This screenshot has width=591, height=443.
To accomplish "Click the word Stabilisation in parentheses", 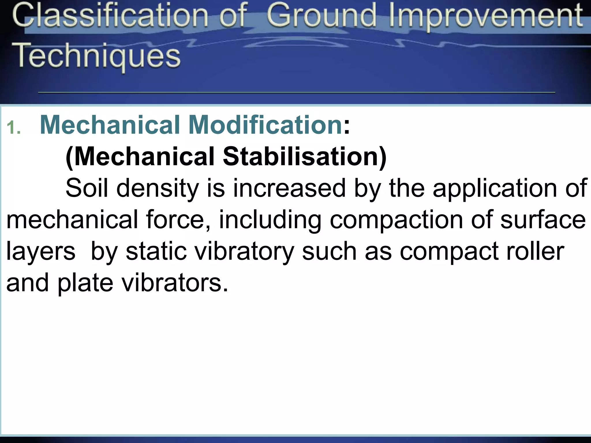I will click(x=304, y=157).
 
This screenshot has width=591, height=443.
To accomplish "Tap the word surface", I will click(x=543, y=220).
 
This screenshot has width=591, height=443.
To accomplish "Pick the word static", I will click(x=156, y=251).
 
